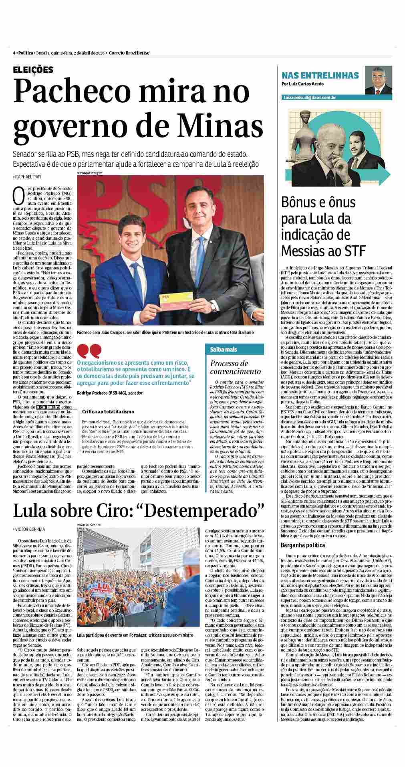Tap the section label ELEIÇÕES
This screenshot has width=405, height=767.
point(33,70)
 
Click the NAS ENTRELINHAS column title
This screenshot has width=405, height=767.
point(320,75)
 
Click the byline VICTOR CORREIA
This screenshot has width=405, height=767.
point(30,530)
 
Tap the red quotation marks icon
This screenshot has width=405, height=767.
point(89,351)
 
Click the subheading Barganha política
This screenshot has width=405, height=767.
point(303,545)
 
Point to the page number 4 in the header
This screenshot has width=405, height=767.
point(14,53)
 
